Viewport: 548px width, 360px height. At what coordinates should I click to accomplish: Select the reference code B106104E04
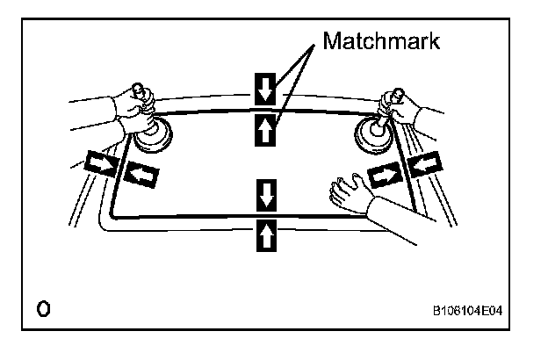[472, 310]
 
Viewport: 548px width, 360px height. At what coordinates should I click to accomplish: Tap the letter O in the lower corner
[42, 308]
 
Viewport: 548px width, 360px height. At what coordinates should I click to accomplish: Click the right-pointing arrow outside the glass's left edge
[98, 163]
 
